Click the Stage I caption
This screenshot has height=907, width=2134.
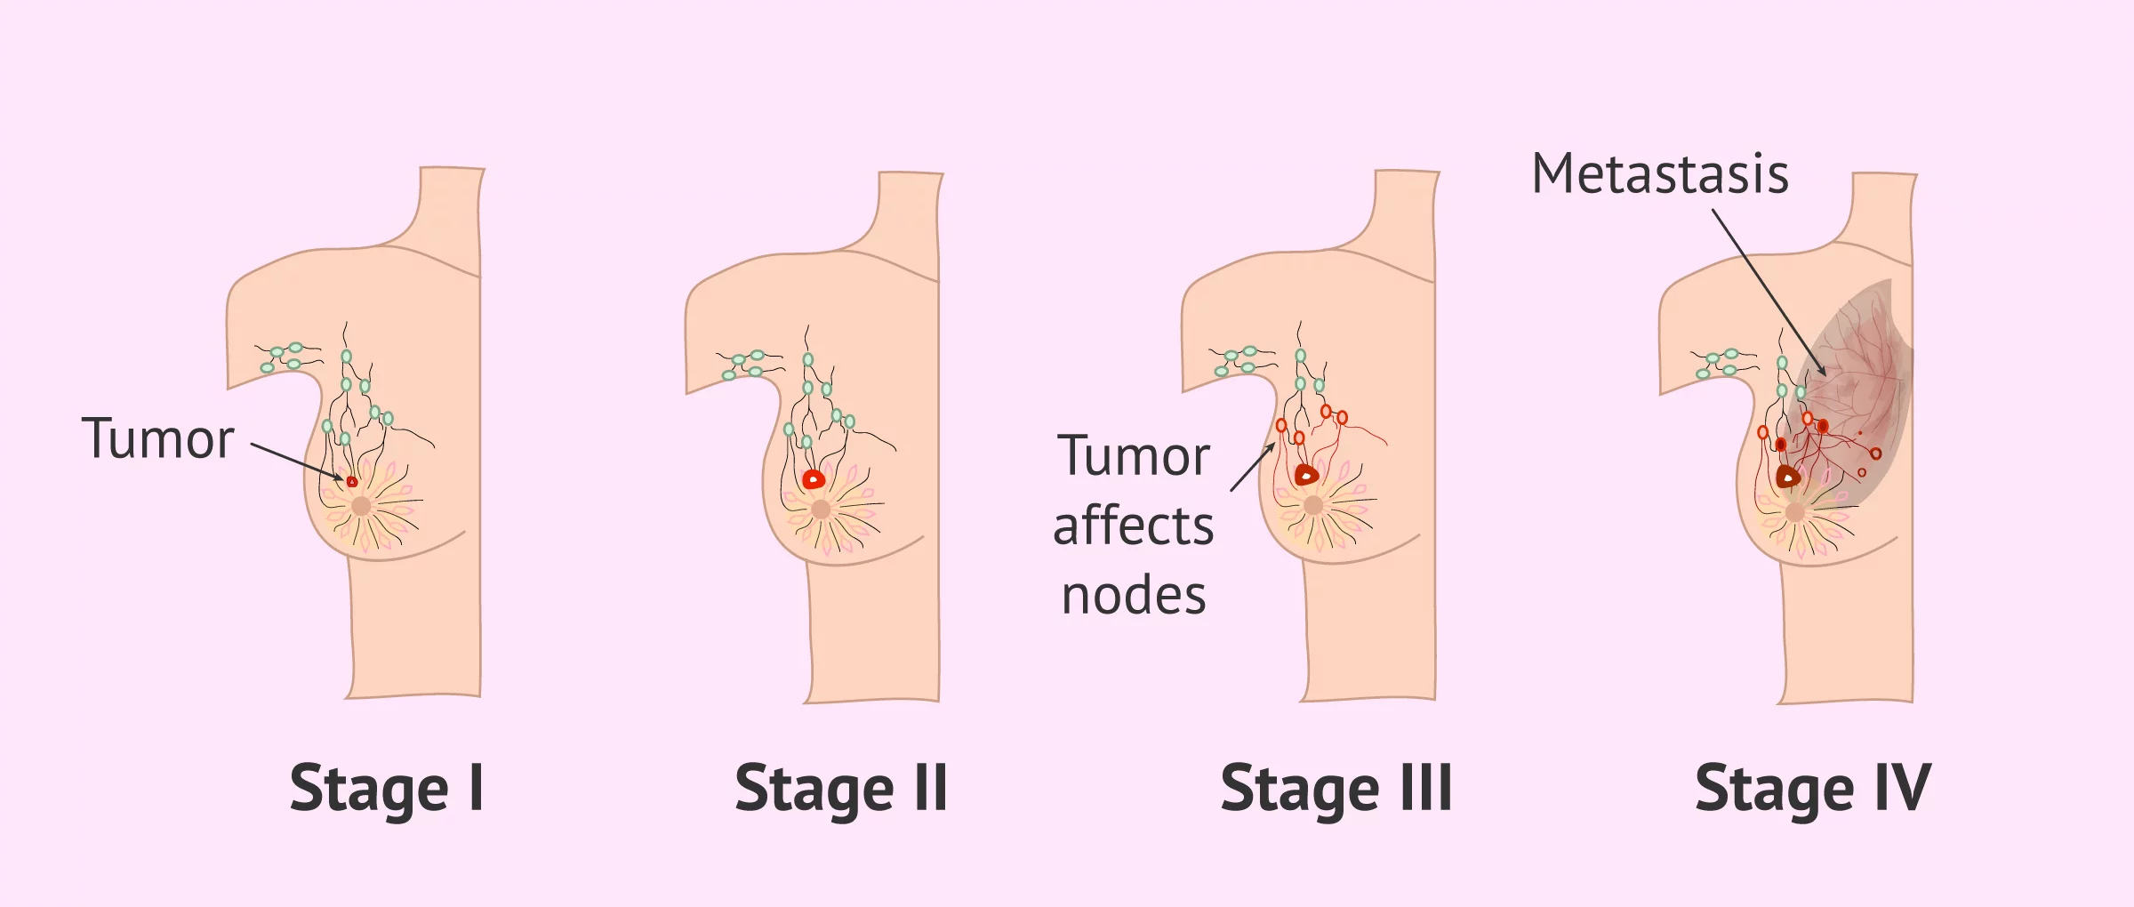pos(387,789)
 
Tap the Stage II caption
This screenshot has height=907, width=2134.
pos(841,789)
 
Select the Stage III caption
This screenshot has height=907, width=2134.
pos(1336,789)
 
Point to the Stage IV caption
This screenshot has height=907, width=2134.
pos(1812,789)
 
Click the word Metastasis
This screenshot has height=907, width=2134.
pos(1659,173)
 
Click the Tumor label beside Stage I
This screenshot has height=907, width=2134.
pos(157,438)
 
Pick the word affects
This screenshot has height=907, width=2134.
pos(1133,526)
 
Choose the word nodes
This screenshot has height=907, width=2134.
pos(1134,595)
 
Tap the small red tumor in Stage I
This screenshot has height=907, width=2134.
pos(352,482)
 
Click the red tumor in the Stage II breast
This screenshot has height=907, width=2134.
pos(814,480)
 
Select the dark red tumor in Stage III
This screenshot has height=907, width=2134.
pos(1305,476)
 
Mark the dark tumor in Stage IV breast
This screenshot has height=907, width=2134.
pos(1787,478)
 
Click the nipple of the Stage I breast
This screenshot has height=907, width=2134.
pos(361,507)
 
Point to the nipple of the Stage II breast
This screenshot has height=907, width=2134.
pos(821,510)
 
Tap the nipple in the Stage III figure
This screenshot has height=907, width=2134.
pos(1313,506)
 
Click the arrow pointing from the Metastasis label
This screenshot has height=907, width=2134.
pos(1769,293)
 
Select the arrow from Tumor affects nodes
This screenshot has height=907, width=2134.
pos(1252,468)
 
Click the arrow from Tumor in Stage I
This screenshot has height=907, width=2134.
pos(296,461)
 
